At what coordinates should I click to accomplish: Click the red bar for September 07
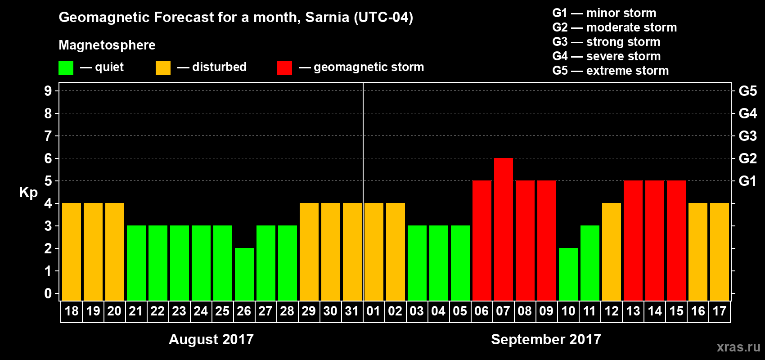pos(503,229)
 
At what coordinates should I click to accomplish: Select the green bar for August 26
pos(244,274)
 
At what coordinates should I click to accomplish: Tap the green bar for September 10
pos(568,274)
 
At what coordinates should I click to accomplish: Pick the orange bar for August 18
pos(71,252)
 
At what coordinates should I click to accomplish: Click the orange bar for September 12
pos(611,252)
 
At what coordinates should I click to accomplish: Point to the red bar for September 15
pos(676,241)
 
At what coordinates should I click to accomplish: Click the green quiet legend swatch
pos(66,68)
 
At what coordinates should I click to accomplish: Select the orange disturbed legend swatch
pos(163,68)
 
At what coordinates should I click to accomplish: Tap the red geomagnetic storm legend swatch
pos(284,68)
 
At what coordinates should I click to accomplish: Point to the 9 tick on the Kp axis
pos(48,91)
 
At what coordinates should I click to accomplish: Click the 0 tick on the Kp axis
pos(48,294)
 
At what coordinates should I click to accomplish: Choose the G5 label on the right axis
pos(747,91)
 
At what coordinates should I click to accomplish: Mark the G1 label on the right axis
pos(747,181)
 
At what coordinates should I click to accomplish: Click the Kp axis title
pos(28,192)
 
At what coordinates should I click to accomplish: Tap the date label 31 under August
pos(352,311)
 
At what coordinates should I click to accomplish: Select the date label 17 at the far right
pos(719,311)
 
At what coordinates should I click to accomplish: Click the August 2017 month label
pos(211,339)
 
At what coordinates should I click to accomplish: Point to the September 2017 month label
pos(546,339)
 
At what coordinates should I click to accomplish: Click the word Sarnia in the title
pos(327,17)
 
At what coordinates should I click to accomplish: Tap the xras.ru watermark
pos(738,347)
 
